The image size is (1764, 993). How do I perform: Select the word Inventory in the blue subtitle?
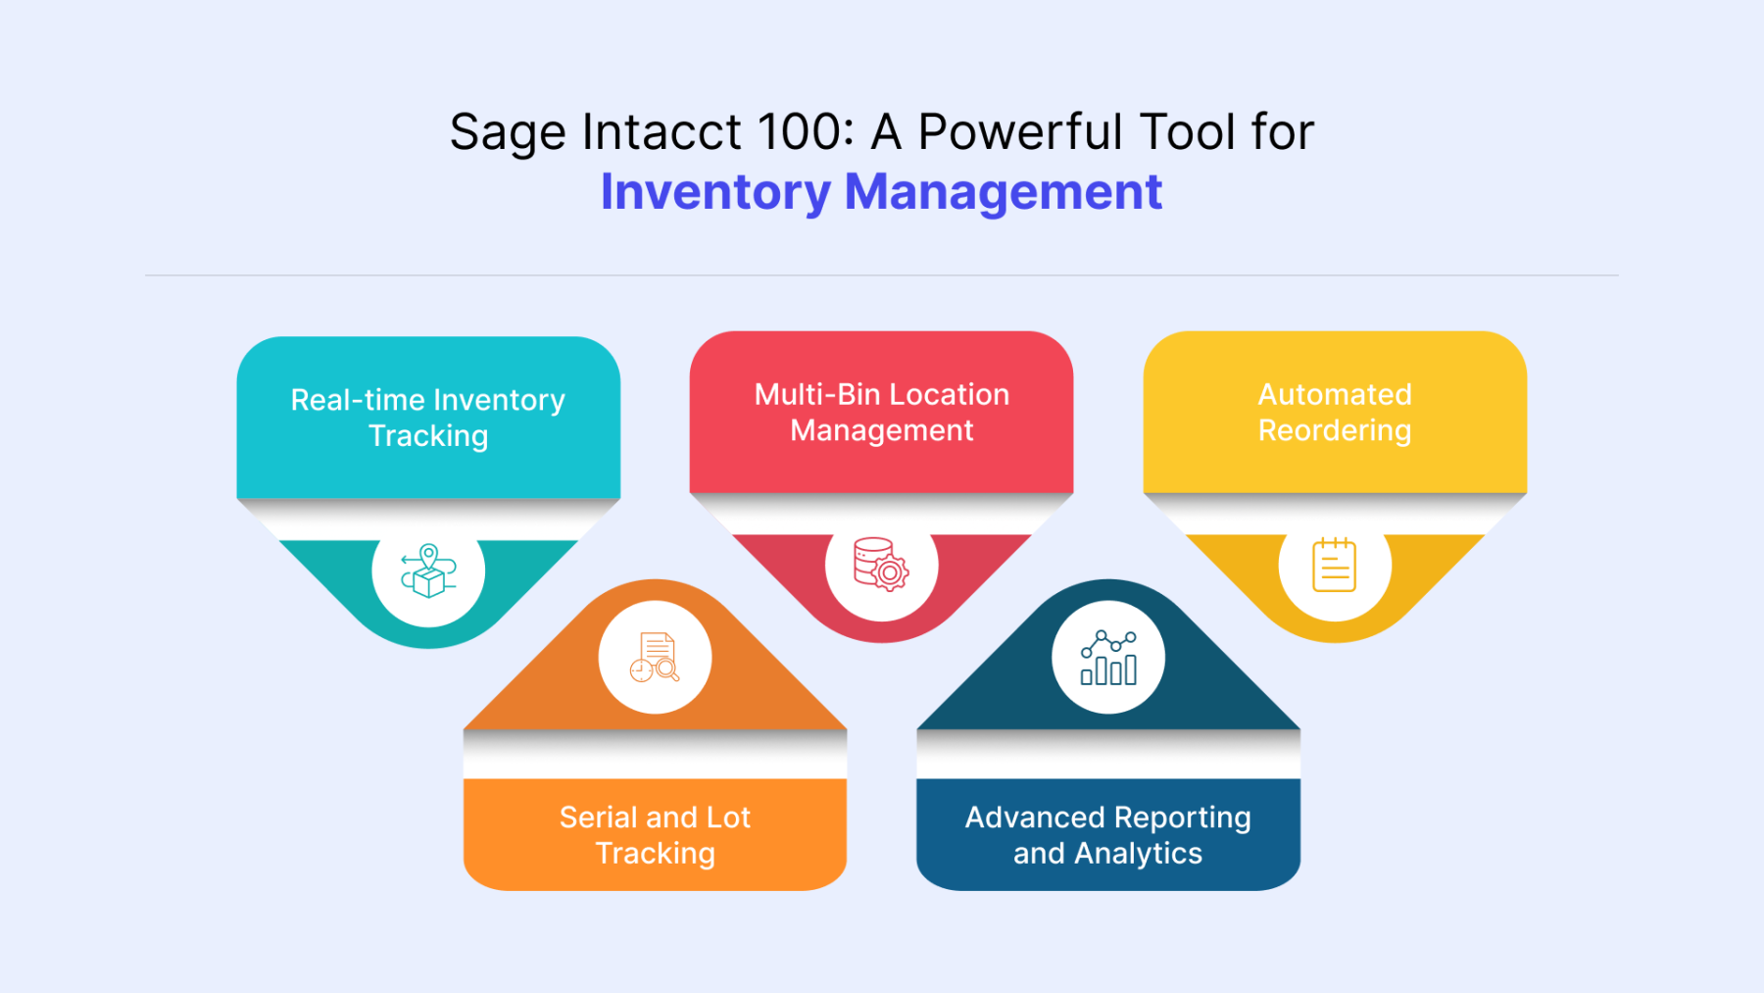715,193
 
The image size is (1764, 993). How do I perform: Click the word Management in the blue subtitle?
1004,193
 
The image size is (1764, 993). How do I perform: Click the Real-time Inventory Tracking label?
428,418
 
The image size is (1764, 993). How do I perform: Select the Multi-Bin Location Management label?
882,413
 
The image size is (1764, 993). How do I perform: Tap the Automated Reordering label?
1335,413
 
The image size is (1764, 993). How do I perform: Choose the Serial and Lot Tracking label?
656,835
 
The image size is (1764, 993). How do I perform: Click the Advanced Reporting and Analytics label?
1108,835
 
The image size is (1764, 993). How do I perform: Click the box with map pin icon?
428,571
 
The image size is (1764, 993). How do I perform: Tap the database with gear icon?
881,564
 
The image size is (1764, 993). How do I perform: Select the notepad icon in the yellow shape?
1335,565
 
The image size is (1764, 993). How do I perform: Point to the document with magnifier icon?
655,657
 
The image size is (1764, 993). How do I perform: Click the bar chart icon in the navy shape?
1108,657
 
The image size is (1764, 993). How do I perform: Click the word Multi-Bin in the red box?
817,394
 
